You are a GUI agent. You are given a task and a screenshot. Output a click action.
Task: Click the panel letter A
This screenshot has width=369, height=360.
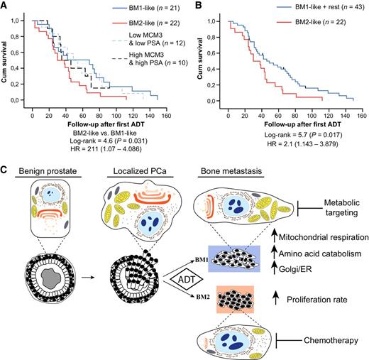point(5,6)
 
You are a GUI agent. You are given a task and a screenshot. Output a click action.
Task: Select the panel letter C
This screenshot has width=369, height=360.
point(6,171)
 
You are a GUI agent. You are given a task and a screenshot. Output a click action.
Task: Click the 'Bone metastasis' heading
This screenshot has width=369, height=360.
point(233,174)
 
